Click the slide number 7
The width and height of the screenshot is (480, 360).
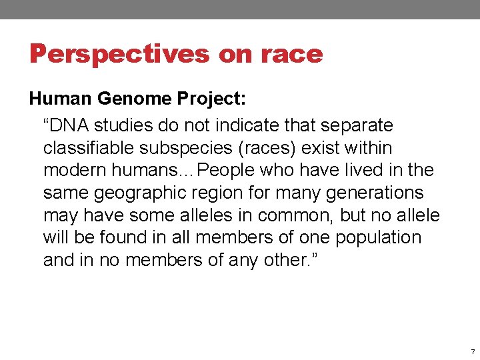(472, 351)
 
